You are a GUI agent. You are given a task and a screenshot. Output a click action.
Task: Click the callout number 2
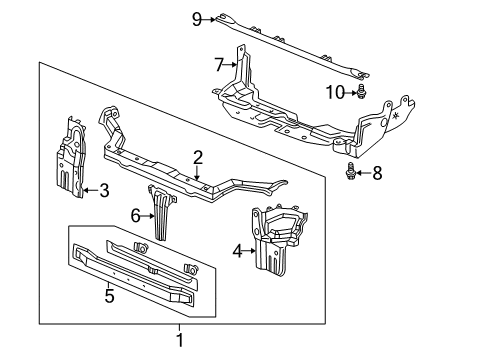[x=198, y=156]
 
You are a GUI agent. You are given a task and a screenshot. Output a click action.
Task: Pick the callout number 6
[x=137, y=214]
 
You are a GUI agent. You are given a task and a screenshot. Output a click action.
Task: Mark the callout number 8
[x=377, y=172]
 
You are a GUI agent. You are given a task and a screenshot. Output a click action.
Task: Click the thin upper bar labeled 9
[x=290, y=45]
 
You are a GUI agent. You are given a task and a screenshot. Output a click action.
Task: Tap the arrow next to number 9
[x=211, y=17]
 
